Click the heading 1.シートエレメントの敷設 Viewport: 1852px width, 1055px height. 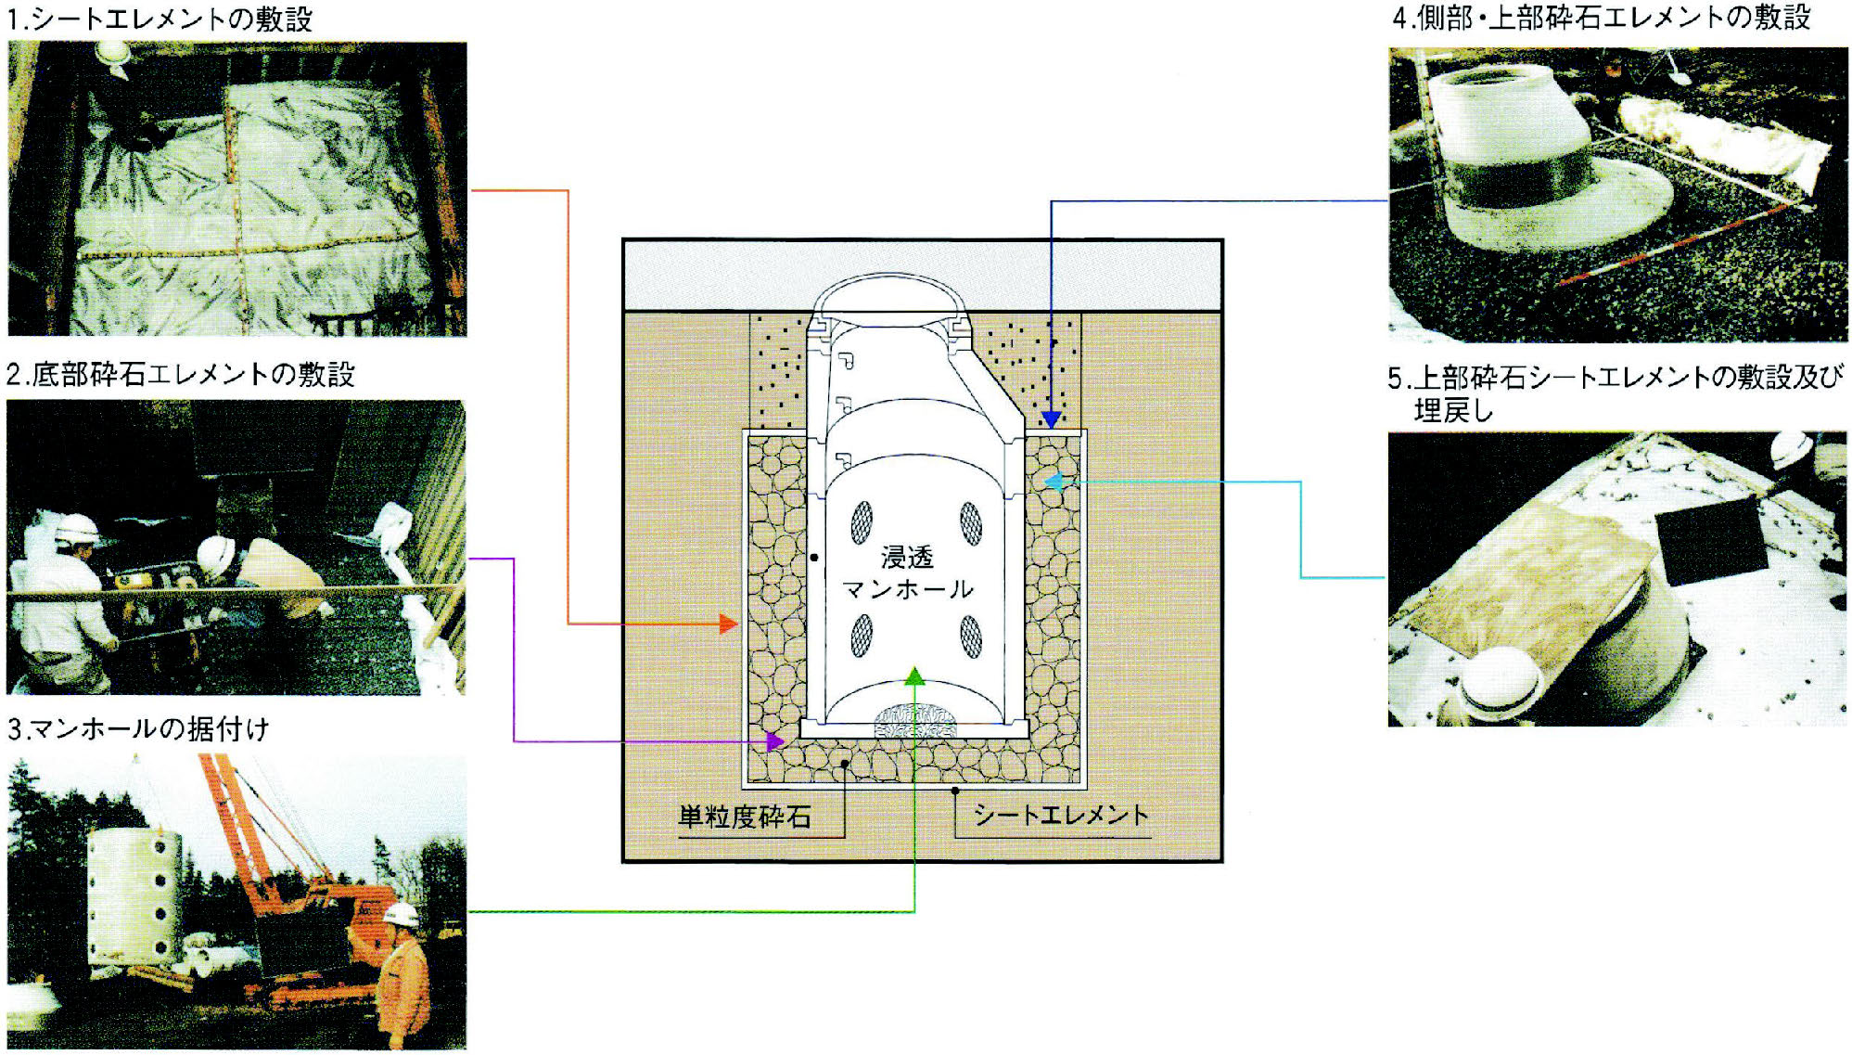(x=160, y=19)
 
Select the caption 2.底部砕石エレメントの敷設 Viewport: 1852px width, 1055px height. (x=181, y=374)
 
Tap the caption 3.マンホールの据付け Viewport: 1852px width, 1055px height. (x=138, y=728)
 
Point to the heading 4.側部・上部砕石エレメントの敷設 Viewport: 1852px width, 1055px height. (x=1602, y=18)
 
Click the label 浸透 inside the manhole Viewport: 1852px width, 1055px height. (x=907, y=557)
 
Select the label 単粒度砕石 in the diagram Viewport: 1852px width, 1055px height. (x=745, y=817)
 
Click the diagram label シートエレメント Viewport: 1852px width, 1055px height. (x=1061, y=815)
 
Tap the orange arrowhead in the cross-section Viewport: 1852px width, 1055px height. (x=730, y=624)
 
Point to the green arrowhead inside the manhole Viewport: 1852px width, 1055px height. (x=914, y=675)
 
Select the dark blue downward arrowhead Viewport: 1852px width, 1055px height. (x=1050, y=418)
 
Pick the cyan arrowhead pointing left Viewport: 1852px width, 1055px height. (x=1054, y=481)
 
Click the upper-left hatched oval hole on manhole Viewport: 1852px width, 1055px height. (x=862, y=522)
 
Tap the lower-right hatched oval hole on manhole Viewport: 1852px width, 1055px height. (x=970, y=637)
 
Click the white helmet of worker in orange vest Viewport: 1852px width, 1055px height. (x=401, y=914)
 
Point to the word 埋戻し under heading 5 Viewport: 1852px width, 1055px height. (x=1453, y=410)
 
